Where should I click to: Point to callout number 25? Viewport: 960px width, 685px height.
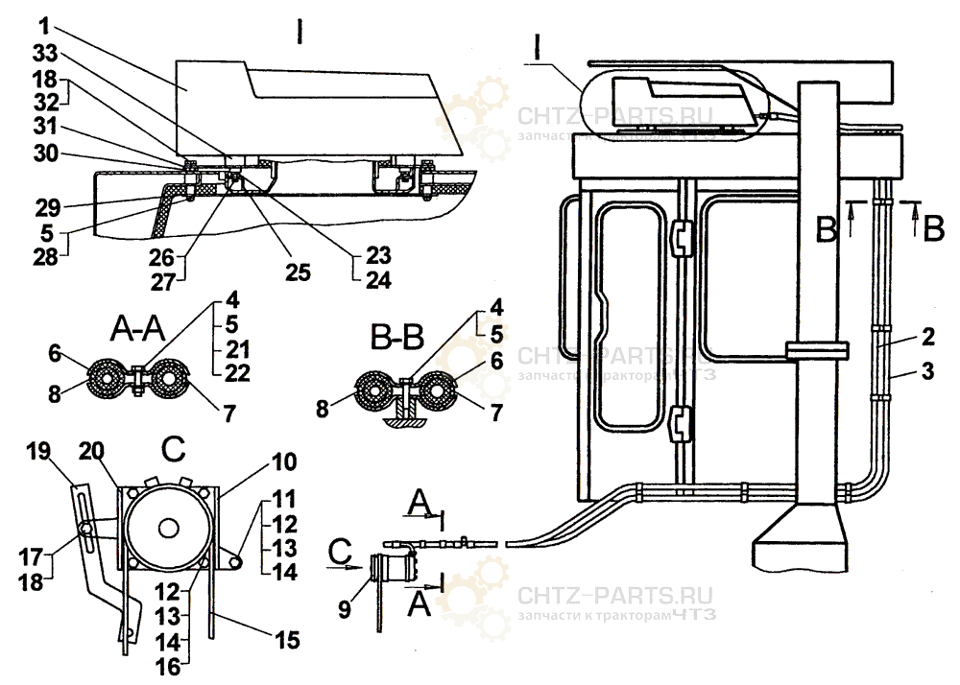pyautogui.click(x=299, y=272)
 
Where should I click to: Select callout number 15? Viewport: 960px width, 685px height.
pyautogui.click(x=288, y=637)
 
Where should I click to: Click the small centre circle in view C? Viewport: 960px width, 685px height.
pyautogui.click(x=169, y=528)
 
